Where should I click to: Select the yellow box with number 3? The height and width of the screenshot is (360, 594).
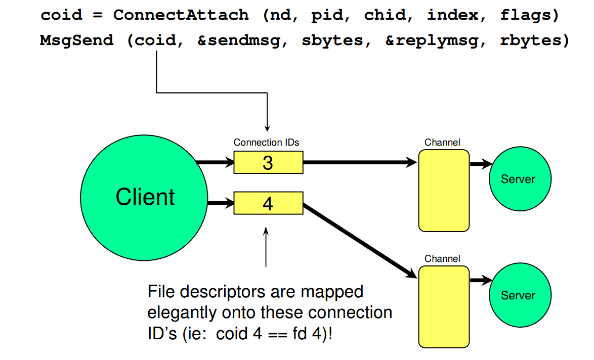tap(268, 163)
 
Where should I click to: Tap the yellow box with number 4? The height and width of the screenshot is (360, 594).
tap(268, 204)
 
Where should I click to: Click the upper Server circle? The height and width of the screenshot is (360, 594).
tap(519, 178)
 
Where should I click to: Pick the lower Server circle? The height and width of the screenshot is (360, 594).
tap(519, 295)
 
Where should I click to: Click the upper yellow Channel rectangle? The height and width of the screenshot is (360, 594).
tap(444, 190)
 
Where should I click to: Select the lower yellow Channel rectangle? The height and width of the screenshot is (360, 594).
tap(444, 306)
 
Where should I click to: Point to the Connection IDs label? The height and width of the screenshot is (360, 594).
tap(266, 143)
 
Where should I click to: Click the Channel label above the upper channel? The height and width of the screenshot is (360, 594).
tap(442, 143)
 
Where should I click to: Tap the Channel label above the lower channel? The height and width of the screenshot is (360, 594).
tap(442, 259)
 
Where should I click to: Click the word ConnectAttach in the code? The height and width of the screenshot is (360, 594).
tap(181, 15)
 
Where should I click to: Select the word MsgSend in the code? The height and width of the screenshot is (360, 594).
tap(76, 40)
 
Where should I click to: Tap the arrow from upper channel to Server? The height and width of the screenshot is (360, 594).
tap(481, 164)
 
